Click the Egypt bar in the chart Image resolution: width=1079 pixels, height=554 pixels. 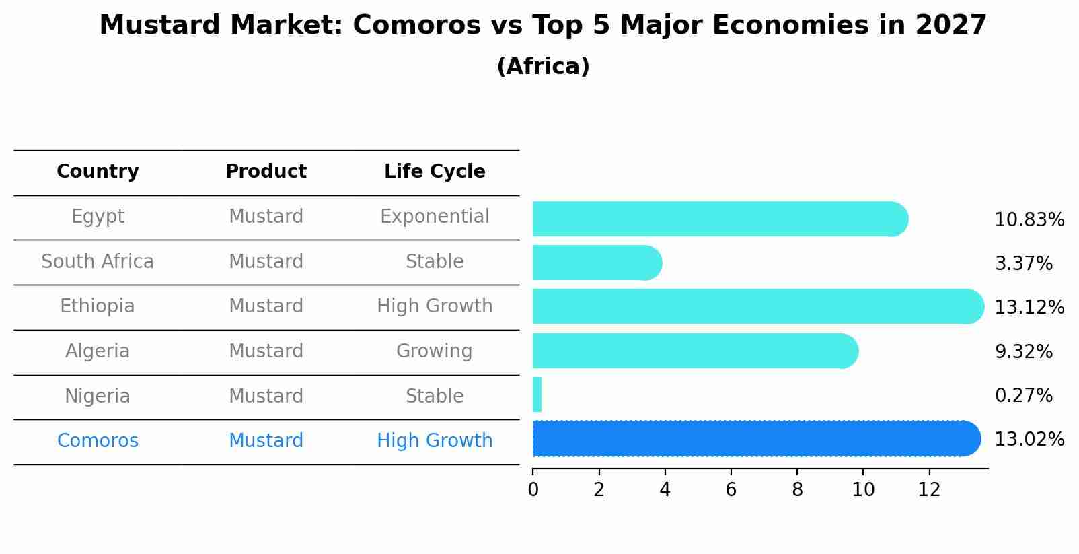720,219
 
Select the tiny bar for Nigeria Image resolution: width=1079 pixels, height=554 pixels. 537,394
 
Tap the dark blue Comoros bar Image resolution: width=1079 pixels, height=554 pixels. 753,439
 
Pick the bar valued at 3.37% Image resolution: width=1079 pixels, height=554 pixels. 596,263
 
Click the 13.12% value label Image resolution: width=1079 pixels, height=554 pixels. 1029,308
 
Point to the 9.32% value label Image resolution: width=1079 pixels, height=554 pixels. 1023,351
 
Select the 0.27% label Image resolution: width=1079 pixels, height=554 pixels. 1023,395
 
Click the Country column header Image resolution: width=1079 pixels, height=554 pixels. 98,172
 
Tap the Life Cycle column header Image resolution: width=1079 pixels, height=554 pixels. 435,172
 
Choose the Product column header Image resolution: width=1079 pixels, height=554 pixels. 266,172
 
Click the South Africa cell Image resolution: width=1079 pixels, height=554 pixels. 98,262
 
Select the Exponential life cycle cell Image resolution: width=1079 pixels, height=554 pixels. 435,217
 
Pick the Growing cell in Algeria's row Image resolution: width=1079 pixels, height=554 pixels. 434,351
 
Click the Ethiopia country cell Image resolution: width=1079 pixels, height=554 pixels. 98,306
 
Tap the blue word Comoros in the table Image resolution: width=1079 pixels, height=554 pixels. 98,441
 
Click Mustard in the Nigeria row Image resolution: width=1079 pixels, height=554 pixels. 266,396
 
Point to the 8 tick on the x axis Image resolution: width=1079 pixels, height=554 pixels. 797,490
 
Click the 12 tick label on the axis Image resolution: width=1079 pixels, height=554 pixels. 929,490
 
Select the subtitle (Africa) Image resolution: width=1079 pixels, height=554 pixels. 543,67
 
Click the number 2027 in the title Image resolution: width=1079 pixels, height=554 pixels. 951,26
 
